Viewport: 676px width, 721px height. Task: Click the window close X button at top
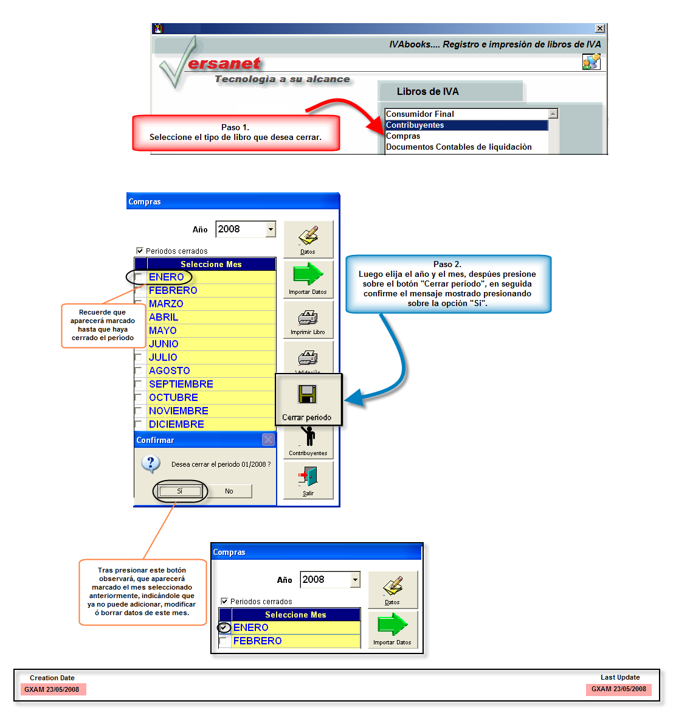600,29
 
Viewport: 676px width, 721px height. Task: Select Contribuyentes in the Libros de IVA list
415,125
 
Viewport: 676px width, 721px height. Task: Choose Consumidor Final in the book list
420,114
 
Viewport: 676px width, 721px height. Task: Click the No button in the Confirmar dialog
229,491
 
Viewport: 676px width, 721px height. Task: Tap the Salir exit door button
308,480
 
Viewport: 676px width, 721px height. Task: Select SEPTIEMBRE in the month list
181,385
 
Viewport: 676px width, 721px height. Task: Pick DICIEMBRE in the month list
176,425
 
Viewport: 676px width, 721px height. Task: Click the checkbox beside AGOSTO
139,371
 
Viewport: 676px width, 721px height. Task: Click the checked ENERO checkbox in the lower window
224,628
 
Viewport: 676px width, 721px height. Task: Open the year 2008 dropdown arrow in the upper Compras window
271,229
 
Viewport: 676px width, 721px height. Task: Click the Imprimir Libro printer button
308,319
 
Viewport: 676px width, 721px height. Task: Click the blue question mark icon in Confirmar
151,464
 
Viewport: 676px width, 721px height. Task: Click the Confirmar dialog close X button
269,440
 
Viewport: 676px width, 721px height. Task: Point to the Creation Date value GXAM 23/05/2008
52,689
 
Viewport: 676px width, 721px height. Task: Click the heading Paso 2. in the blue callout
447,265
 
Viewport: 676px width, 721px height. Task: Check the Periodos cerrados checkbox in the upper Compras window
140,251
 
